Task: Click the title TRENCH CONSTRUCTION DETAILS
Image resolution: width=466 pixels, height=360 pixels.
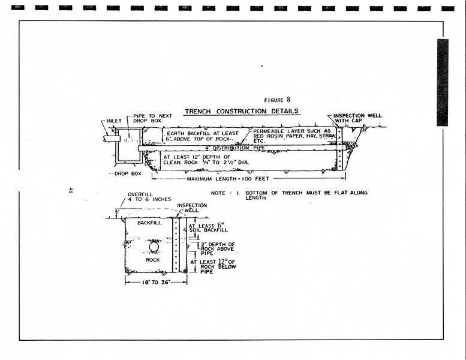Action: coord(242,111)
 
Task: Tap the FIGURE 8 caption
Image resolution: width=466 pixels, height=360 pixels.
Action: coord(276,100)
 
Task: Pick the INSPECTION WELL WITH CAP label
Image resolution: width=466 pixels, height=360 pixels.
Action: coord(357,118)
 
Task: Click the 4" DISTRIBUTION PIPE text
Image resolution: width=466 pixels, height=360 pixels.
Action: coord(218,147)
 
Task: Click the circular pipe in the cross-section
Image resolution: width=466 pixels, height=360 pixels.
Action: coord(154,247)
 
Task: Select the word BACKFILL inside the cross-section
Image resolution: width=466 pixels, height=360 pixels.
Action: coord(149,223)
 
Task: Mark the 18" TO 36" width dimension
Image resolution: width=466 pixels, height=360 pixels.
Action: coord(156,281)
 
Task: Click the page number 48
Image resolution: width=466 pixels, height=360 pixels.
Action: coord(71,190)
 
